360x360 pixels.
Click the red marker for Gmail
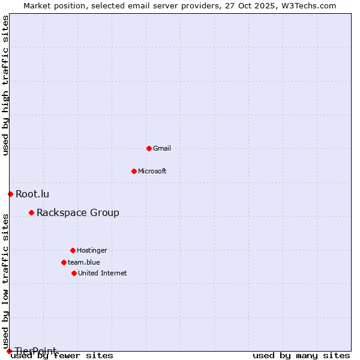point(149,148)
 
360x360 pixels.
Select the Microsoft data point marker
point(134,171)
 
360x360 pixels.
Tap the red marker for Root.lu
point(10,194)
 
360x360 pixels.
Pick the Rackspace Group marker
point(31,212)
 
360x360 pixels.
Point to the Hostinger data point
point(73,250)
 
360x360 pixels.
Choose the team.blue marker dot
point(64,262)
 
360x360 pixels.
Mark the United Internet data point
point(74,273)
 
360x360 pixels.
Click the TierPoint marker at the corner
point(9,351)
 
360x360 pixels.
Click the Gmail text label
point(162,148)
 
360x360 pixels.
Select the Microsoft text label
point(152,171)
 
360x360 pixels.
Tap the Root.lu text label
point(32,194)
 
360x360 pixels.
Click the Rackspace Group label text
point(78,212)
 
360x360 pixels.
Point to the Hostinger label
point(92,250)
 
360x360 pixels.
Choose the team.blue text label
point(84,262)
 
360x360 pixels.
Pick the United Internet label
point(103,273)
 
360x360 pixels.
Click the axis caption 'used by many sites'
point(301,355)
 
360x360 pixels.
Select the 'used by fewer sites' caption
point(62,355)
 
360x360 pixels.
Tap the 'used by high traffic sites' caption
point(5,86)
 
